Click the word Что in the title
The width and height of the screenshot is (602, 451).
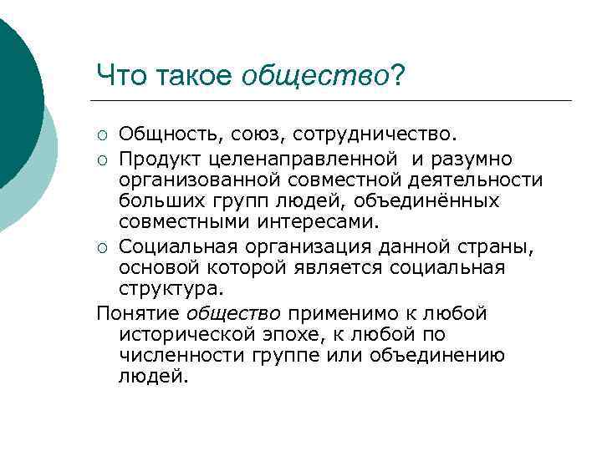122,77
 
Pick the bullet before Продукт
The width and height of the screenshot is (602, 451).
102,159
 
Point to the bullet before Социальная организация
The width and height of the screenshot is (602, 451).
102,246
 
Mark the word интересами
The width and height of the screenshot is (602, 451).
328,223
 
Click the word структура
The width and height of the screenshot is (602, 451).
171,289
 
